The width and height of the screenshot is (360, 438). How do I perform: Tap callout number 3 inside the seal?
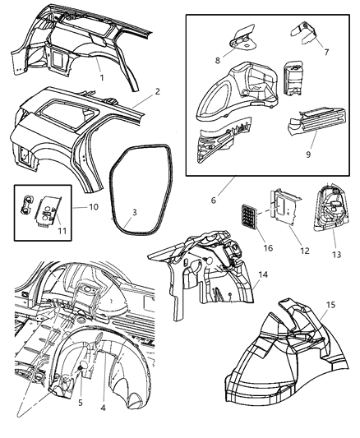(134, 213)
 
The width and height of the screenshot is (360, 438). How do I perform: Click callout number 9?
(307, 153)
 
